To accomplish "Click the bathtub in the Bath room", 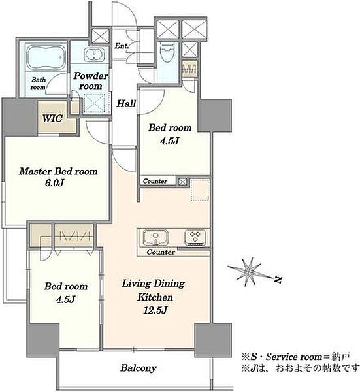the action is pos(46,57).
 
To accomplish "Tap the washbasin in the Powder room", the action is pos(93,55).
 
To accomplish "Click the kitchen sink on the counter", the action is pos(155,238).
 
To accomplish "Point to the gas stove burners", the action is pos(195,237).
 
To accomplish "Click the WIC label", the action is pos(52,118).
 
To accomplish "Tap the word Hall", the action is pos(126,103).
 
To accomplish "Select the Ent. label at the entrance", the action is pos(122,46).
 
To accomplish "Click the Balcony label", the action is pos(139,368).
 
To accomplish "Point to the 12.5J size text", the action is pos(155,310).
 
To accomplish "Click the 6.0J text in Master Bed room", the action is pos(54,183).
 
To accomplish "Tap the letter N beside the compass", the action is pos(278,279).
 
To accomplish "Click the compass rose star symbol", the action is pos(249,272).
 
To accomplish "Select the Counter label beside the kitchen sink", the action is pos(161,252).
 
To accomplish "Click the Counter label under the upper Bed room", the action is pos(155,181).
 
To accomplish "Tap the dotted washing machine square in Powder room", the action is pos(94,103).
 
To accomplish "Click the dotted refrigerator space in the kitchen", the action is pos(200,190).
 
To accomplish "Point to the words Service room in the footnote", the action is pos(294,357).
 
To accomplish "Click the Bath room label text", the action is pos(39,84).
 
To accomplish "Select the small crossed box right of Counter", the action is pos(183,182).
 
